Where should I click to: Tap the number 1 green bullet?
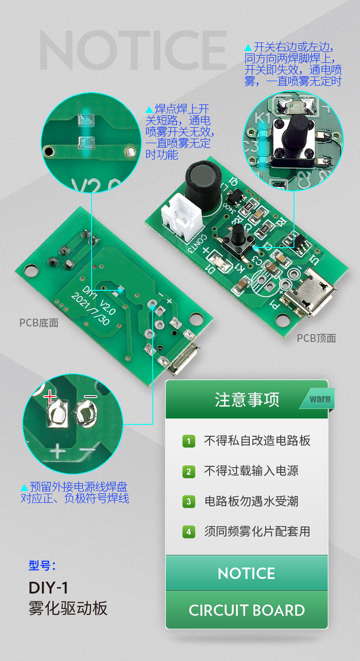click(189, 441)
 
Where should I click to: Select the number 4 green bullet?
click(189, 532)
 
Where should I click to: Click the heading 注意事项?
click(247, 400)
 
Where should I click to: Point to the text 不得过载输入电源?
click(251, 471)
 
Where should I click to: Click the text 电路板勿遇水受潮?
click(251, 501)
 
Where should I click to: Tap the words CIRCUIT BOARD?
click(247, 610)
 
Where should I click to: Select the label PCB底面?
click(39, 323)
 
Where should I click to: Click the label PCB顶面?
click(316, 338)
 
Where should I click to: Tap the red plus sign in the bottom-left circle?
click(50, 397)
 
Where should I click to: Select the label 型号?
click(42, 566)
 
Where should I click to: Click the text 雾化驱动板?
click(68, 609)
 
